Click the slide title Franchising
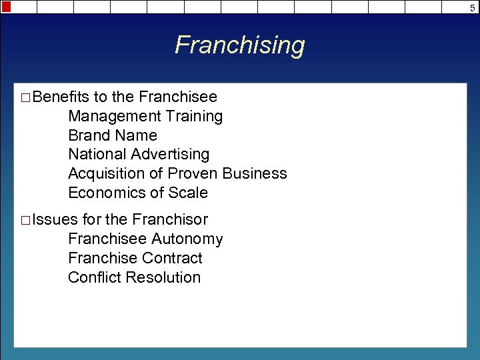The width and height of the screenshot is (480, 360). coord(240,45)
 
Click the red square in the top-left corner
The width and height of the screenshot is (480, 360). coord(6,6)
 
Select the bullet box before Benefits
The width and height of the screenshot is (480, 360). coord(25,98)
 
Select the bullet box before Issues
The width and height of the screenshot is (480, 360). coord(25,221)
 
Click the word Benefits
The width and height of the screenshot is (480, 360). coord(61,97)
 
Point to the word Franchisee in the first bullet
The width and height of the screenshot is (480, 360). coord(178,97)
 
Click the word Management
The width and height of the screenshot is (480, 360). coord(109,117)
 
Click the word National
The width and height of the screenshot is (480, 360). coord(97,155)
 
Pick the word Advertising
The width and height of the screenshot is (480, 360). coord(170,155)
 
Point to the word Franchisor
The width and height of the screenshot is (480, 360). coord(170,219)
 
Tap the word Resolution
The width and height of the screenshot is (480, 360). coord(167,277)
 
